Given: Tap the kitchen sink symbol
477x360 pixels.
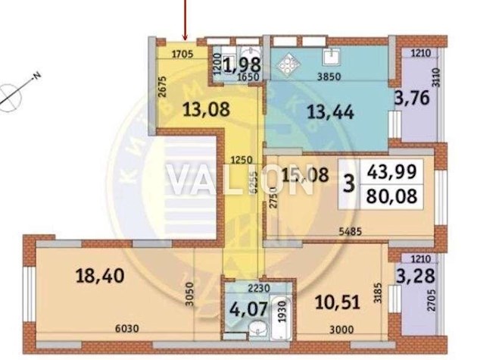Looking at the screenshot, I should (x=331, y=55).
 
